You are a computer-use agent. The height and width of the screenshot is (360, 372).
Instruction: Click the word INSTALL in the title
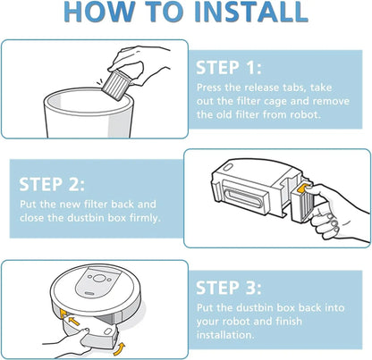tap(250, 12)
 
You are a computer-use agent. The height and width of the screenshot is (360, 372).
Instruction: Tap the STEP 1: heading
tap(229, 68)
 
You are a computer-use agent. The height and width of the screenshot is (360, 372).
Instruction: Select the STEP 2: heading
tap(52, 184)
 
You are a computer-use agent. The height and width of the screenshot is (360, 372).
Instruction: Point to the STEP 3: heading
tap(229, 288)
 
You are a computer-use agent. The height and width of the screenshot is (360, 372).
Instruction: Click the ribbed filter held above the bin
tap(115, 82)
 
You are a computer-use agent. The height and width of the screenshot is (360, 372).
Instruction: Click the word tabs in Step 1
tap(292, 88)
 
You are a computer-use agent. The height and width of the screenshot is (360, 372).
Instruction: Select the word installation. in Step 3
tap(225, 335)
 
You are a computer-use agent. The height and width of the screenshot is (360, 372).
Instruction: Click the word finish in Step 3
tap(289, 322)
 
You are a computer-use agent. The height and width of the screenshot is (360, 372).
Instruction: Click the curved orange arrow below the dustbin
tap(120, 349)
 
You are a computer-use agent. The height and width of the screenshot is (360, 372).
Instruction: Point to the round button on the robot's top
tap(98, 279)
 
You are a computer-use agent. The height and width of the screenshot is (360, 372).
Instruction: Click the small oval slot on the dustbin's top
tap(227, 167)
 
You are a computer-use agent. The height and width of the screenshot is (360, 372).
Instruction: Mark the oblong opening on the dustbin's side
tap(242, 198)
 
